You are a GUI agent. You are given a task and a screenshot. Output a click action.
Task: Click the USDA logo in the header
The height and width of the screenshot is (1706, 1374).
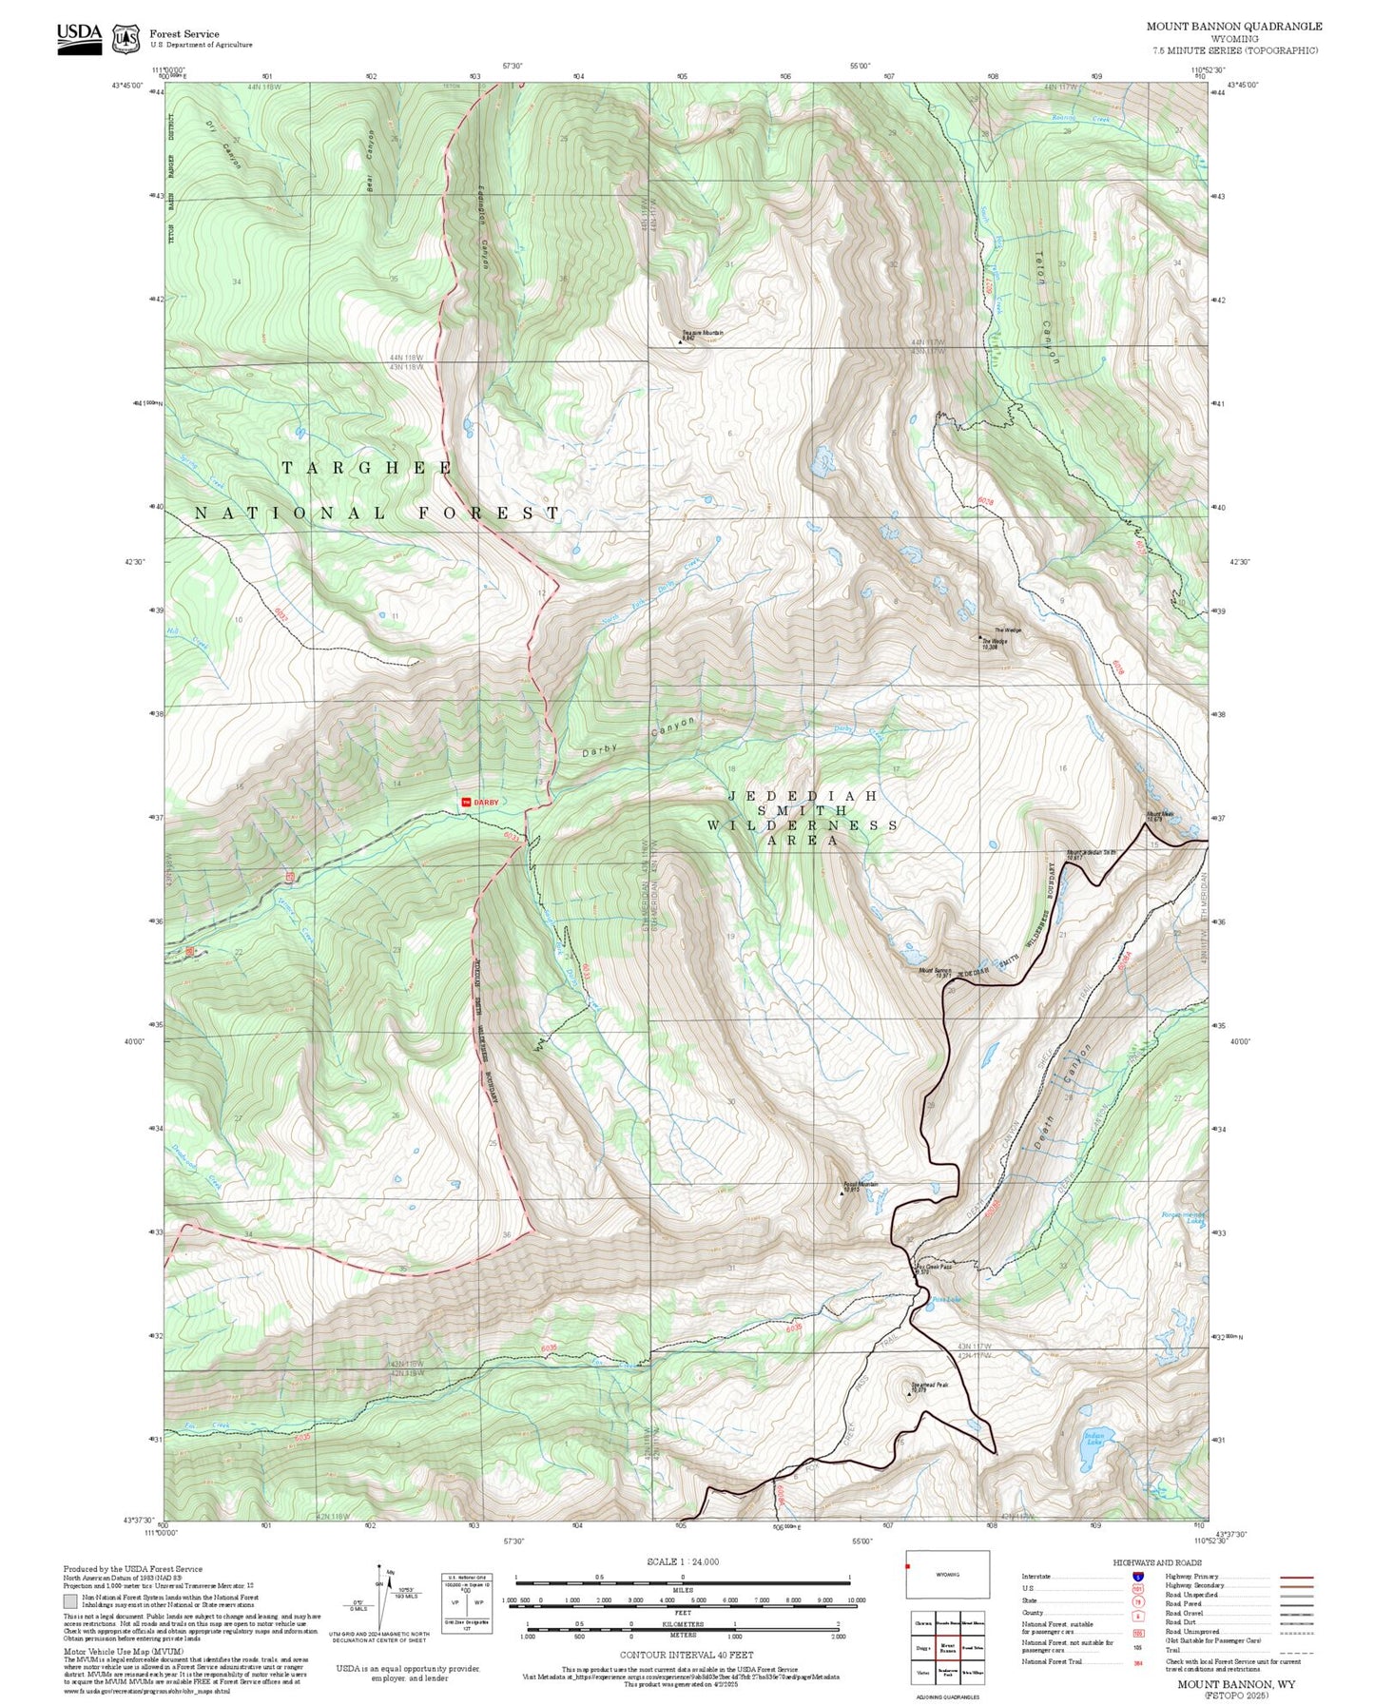tap(79, 38)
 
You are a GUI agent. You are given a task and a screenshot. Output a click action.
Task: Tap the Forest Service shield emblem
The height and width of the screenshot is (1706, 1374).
tap(126, 39)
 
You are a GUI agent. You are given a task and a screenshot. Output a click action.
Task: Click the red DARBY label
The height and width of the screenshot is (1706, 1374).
tap(481, 802)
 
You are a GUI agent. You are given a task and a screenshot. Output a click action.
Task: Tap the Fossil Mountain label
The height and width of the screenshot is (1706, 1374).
tap(861, 1186)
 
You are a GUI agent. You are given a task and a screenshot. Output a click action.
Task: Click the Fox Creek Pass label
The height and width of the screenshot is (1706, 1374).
tap(933, 1268)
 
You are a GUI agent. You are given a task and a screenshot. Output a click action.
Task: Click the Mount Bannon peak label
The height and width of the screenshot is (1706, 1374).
tap(935, 972)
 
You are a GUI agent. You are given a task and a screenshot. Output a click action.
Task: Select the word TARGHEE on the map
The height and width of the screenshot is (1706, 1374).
tap(367, 468)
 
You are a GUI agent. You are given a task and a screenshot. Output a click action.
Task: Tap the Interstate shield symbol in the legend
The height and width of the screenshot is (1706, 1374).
tap(1136, 1576)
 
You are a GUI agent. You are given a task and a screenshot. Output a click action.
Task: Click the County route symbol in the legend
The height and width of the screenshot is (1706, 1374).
tap(1136, 1613)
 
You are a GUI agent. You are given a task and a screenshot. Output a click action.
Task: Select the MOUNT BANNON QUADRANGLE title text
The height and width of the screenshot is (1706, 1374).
tap(1233, 27)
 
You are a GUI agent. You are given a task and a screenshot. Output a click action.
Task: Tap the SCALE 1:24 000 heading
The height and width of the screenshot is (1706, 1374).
tap(683, 1561)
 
